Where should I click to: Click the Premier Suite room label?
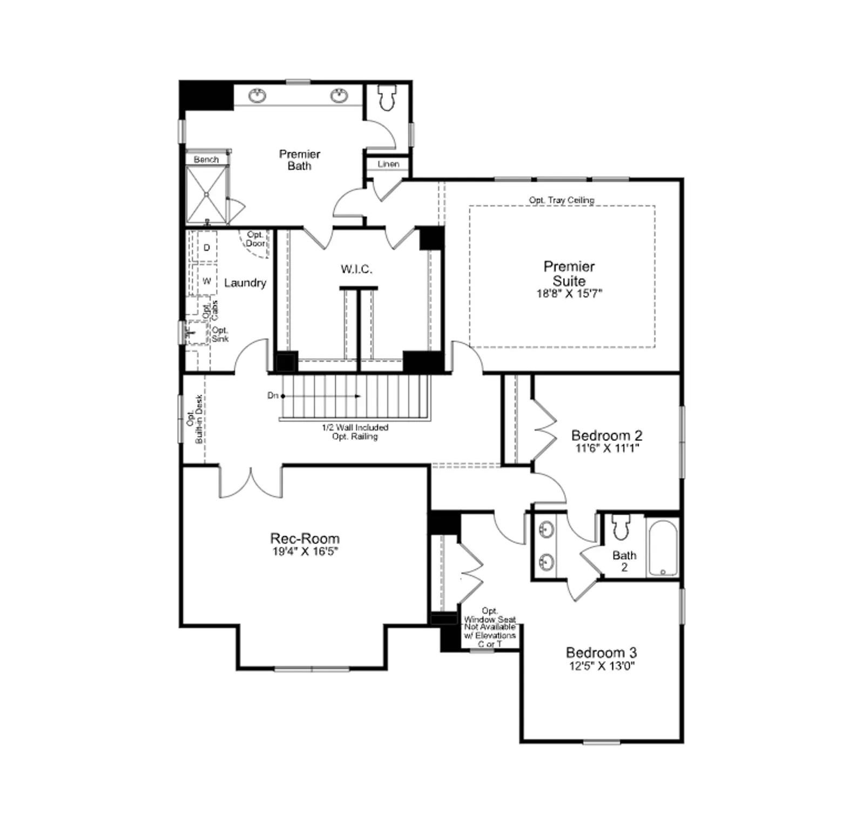coord(569,273)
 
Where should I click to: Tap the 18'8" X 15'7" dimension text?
coord(569,293)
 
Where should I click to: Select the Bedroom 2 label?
coord(607,435)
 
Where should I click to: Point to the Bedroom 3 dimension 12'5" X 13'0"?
coord(602,666)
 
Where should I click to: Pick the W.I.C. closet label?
coord(356,269)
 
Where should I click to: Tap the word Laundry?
coord(245,283)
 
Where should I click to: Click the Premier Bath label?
coord(300,160)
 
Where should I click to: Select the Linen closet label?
coord(388,164)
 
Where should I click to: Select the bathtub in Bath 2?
coord(663,548)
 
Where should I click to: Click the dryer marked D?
coord(206,247)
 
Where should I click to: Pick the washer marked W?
coord(206,280)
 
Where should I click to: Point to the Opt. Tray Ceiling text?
coord(562,200)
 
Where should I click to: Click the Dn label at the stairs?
coord(273,395)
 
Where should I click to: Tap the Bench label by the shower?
coord(206,159)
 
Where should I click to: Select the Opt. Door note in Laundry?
coord(255,239)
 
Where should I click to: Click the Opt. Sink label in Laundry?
coord(220,334)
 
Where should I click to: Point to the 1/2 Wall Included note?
coord(355,427)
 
